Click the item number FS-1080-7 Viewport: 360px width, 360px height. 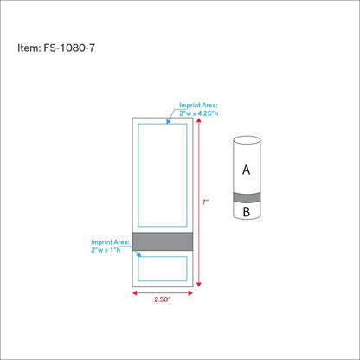[x=69, y=48]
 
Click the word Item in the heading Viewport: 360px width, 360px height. [x=29, y=48]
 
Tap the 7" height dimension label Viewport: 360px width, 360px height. [x=205, y=202]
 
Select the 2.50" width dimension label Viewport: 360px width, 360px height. [x=163, y=299]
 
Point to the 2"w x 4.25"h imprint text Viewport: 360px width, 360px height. [x=199, y=113]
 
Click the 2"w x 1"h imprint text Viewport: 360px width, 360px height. [x=106, y=250]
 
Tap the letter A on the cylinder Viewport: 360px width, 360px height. [x=246, y=170]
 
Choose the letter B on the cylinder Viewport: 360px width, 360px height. [x=247, y=212]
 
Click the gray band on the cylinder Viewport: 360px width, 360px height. [x=247, y=197]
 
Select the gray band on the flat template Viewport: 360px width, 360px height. [x=163, y=241]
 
